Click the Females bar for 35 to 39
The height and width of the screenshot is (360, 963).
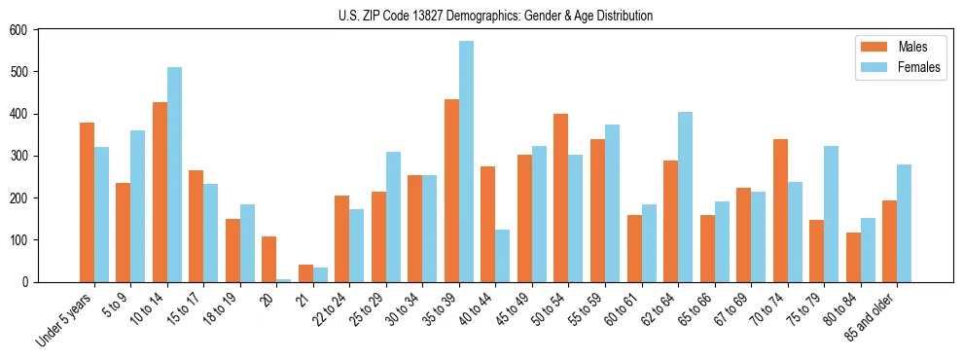[467, 162]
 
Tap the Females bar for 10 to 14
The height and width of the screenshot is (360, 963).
[174, 175]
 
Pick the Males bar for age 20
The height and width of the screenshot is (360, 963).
[269, 259]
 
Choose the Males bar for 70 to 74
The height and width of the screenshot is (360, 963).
[780, 210]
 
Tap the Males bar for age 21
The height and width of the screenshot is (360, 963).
[305, 273]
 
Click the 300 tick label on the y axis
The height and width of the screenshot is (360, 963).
[18, 156]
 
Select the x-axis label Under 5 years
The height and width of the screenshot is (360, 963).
[66, 319]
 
